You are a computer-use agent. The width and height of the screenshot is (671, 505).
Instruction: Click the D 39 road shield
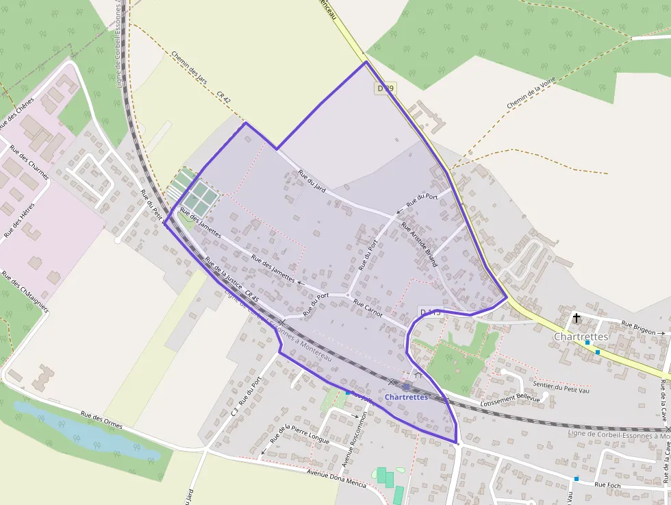385,88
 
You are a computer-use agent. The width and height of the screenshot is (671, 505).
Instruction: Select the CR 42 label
224,97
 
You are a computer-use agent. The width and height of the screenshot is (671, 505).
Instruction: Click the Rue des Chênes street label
16,114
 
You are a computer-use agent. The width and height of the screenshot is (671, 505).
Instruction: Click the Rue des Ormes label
101,420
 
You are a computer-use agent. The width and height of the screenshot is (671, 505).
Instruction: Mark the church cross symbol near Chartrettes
577,318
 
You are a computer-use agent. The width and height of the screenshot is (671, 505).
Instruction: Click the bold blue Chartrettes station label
406,397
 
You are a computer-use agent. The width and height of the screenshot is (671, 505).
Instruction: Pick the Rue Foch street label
608,484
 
